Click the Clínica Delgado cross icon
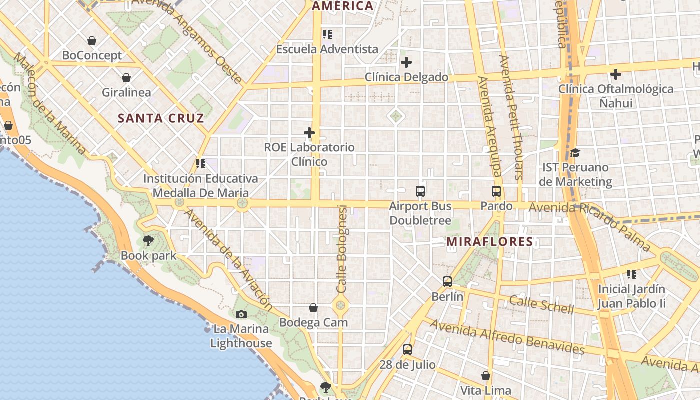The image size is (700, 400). coord(406,62)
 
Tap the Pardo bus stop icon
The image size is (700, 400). coord(496,191)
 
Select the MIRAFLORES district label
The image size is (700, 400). coord(490,242)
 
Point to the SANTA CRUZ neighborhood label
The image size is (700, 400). coord(161,118)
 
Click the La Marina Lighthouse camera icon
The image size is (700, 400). coord(241,314)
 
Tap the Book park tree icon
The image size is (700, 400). coord(148,241)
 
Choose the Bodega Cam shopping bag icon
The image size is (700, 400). coord(313,308)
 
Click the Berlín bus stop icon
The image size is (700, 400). coord(447,282)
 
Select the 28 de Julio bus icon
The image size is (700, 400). coord(407,350)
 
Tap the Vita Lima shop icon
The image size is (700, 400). coord(486,376)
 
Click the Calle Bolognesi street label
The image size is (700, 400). coord(342,249)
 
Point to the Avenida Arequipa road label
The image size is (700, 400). coord(489,127)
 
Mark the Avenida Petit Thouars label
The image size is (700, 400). coord(511,117)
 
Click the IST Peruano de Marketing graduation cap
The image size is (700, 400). coord(575,153)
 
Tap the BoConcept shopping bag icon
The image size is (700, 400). coord(92,41)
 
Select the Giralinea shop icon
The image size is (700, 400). coord(126,78)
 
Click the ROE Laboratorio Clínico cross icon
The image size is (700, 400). coord(309,133)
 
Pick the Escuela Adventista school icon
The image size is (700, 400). coord(327,34)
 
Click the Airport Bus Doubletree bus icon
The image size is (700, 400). coord(420,191)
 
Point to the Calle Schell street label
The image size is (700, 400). coord(541,304)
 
